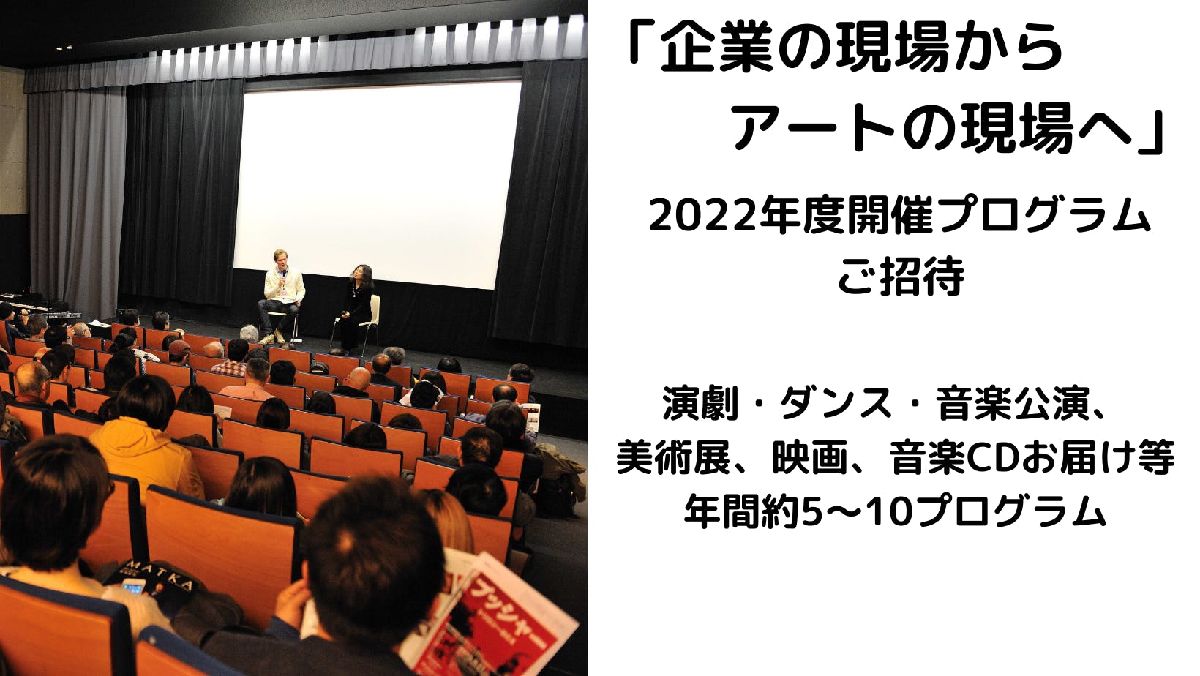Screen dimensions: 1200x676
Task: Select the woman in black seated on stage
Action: click(x=356, y=307)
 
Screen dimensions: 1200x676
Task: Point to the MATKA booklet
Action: click(x=155, y=580)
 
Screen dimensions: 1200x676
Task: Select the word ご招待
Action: click(x=901, y=277)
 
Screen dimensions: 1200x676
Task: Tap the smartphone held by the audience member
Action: click(x=134, y=586)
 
